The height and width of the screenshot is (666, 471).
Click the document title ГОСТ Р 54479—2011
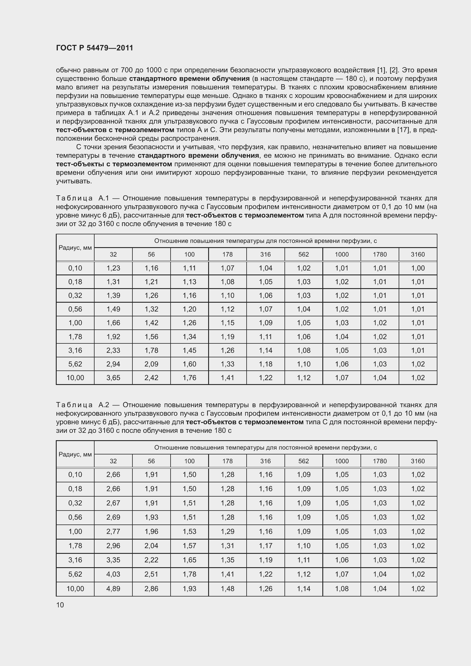pyautogui.click(x=95, y=48)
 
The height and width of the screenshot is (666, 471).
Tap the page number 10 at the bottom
pyautogui.click(x=60, y=605)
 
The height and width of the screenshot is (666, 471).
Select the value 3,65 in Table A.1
pyautogui.click(x=113, y=378)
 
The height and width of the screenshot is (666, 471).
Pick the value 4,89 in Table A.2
pyautogui.click(x=113, y=589)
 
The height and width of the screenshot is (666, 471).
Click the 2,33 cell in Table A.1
pyautogui.click(x=113, y=350)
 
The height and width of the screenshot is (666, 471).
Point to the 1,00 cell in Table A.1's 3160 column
pyautogui.click(x=418, y=268)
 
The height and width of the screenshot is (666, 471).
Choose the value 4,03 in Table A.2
pyautogui.click(x=113, y=574)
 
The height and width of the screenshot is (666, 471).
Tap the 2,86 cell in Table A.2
pyautogui.click(x=151, y=589)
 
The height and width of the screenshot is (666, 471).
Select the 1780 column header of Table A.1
pyautogui.click(x=380, y=254)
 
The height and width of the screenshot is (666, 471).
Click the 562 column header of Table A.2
pyautogui.click(x=303, y=461)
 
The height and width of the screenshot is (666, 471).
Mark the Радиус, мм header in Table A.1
pyautogui.click(x=75, y=247)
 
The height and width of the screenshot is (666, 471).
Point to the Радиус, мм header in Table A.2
pyautogui.click(x=75, y=454)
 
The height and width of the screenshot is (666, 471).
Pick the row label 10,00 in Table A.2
pyautogui.click(x=75, y=589)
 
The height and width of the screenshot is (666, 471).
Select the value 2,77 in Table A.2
pyautogui.click(x=113, y=531)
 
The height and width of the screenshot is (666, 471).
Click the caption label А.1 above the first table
pyautogui.click(x=104, y=198)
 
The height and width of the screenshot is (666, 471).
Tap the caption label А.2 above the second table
pyautogui.click(x=104, y=405)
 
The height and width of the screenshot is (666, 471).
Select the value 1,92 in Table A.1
pyautogui.click(x=113, y=337)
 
